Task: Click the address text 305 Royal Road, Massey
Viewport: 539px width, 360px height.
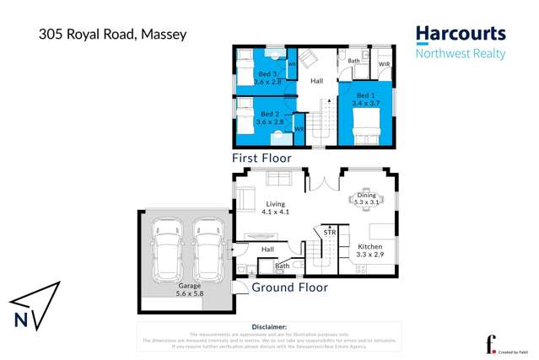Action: click(112, 35)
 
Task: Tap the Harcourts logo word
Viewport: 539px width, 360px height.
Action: click(460, 35)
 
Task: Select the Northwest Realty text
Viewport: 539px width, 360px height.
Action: click(460, 54)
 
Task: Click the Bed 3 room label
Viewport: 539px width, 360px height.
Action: click(268, 78)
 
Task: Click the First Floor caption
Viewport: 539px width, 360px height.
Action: click(261, 158)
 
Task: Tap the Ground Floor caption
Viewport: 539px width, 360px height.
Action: click(289, 287)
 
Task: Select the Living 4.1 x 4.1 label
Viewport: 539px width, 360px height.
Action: click(277, 207)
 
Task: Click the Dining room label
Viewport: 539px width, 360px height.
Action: click(366, 199)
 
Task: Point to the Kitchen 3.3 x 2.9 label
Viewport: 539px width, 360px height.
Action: click(369, 250)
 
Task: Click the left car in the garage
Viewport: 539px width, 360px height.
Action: click(167, 250)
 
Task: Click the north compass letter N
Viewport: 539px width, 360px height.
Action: click(21, 320)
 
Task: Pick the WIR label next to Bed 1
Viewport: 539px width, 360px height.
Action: click(384, 64)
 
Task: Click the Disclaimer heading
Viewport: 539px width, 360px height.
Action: click(269, 326)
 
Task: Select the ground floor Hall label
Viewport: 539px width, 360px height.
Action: click(267, 250)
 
